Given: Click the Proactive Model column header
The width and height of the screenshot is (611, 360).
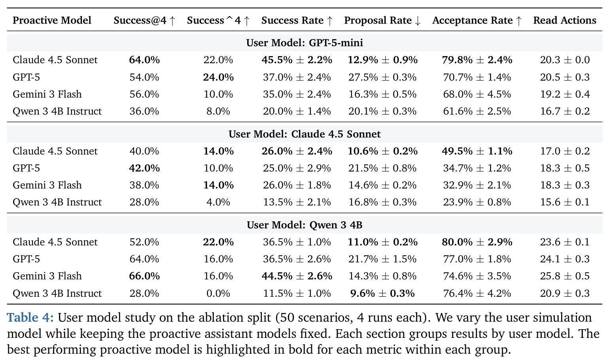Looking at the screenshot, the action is point(52,21).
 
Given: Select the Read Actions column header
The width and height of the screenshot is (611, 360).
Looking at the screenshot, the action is point(565,21).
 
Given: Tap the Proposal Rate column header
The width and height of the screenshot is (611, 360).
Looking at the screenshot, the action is point(382,21).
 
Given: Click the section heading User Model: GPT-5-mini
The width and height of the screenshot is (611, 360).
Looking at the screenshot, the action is point(305,43).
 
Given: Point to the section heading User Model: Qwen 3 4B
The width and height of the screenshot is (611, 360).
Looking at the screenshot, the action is point(305,225).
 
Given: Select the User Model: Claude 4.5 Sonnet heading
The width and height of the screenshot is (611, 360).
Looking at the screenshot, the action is point(305,134).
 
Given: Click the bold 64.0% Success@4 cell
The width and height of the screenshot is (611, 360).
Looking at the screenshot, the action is point(144,60).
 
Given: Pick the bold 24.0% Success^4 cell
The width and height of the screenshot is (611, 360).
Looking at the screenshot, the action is point(218,77).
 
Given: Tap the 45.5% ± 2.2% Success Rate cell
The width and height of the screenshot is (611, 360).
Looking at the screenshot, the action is point(297,60).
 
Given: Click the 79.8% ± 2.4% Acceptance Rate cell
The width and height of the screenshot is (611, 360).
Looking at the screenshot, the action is point(477,60).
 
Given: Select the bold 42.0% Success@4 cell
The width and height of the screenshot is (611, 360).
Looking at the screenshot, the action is point(144,168).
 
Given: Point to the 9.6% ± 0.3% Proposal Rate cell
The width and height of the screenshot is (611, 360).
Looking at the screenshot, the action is point(382,293).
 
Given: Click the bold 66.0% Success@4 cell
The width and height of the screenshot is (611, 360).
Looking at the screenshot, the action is point(144,276).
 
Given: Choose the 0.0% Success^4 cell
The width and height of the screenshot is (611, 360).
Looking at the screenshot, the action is point(218,293).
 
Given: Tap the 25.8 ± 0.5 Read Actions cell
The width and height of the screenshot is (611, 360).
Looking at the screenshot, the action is point(565,276).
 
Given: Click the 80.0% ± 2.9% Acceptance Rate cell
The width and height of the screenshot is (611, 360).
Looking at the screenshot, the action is point(477,242).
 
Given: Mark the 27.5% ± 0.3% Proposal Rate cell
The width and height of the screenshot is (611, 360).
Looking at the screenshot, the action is point(382,77).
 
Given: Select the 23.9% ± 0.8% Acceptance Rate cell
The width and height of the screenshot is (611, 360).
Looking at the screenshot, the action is point(477,202).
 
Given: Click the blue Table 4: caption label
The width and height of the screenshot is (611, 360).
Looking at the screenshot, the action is point(30,317).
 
